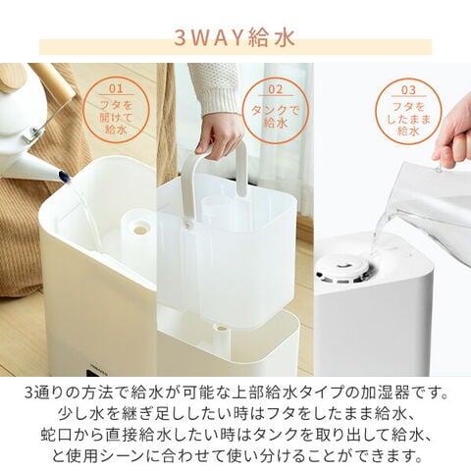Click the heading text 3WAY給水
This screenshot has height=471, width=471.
click(x=235, y=40)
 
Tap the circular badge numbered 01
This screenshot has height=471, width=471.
click(x=117, y=110)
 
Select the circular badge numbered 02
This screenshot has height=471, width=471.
click(x=275, y=110)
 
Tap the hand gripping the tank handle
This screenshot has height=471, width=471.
click(x=219, y=132)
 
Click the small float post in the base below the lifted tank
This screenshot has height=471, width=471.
click(x=222, y=334)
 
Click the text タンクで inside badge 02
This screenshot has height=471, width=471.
click(x=275, y=110)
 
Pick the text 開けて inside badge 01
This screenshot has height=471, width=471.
click(x=117, y=115)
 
